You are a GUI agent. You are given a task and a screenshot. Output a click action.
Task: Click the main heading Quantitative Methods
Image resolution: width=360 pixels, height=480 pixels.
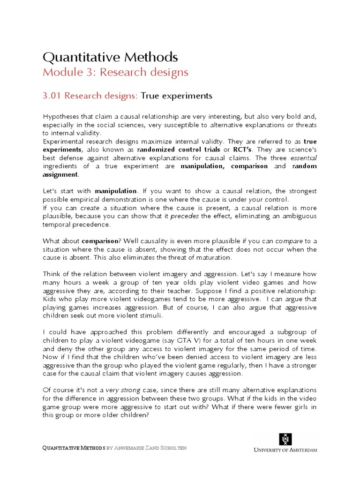110,57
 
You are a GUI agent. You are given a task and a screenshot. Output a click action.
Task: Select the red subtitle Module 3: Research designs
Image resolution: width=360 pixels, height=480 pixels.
115,72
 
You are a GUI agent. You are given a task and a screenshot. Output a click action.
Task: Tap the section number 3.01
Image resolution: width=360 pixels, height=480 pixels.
52,96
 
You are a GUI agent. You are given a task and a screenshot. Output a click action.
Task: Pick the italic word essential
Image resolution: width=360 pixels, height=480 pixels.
304,158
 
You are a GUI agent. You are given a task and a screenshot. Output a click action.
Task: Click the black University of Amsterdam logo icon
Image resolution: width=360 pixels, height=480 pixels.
285,439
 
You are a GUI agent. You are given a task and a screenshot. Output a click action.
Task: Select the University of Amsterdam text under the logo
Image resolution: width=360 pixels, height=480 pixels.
285,450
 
